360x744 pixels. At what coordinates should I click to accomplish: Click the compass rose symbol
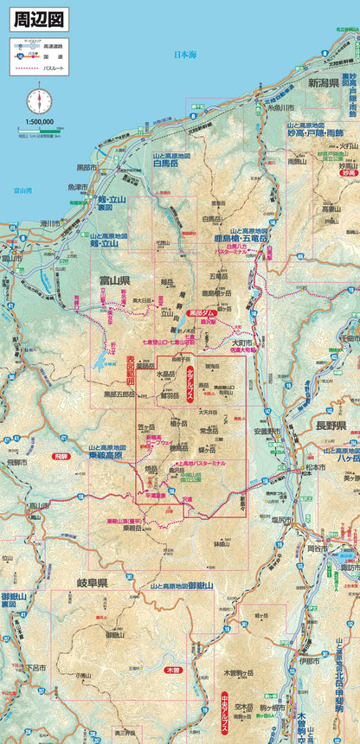[x=38, y=100]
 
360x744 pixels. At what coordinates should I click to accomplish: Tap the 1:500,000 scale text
[x=39, y=123]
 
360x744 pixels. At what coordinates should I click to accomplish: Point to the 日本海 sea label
[x=185, y=55]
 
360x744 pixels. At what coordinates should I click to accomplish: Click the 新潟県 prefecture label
[x=325, y=83]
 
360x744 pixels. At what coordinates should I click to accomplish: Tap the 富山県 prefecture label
[x=112, y=281]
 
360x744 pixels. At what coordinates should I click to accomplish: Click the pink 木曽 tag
[x=171, y=670]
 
